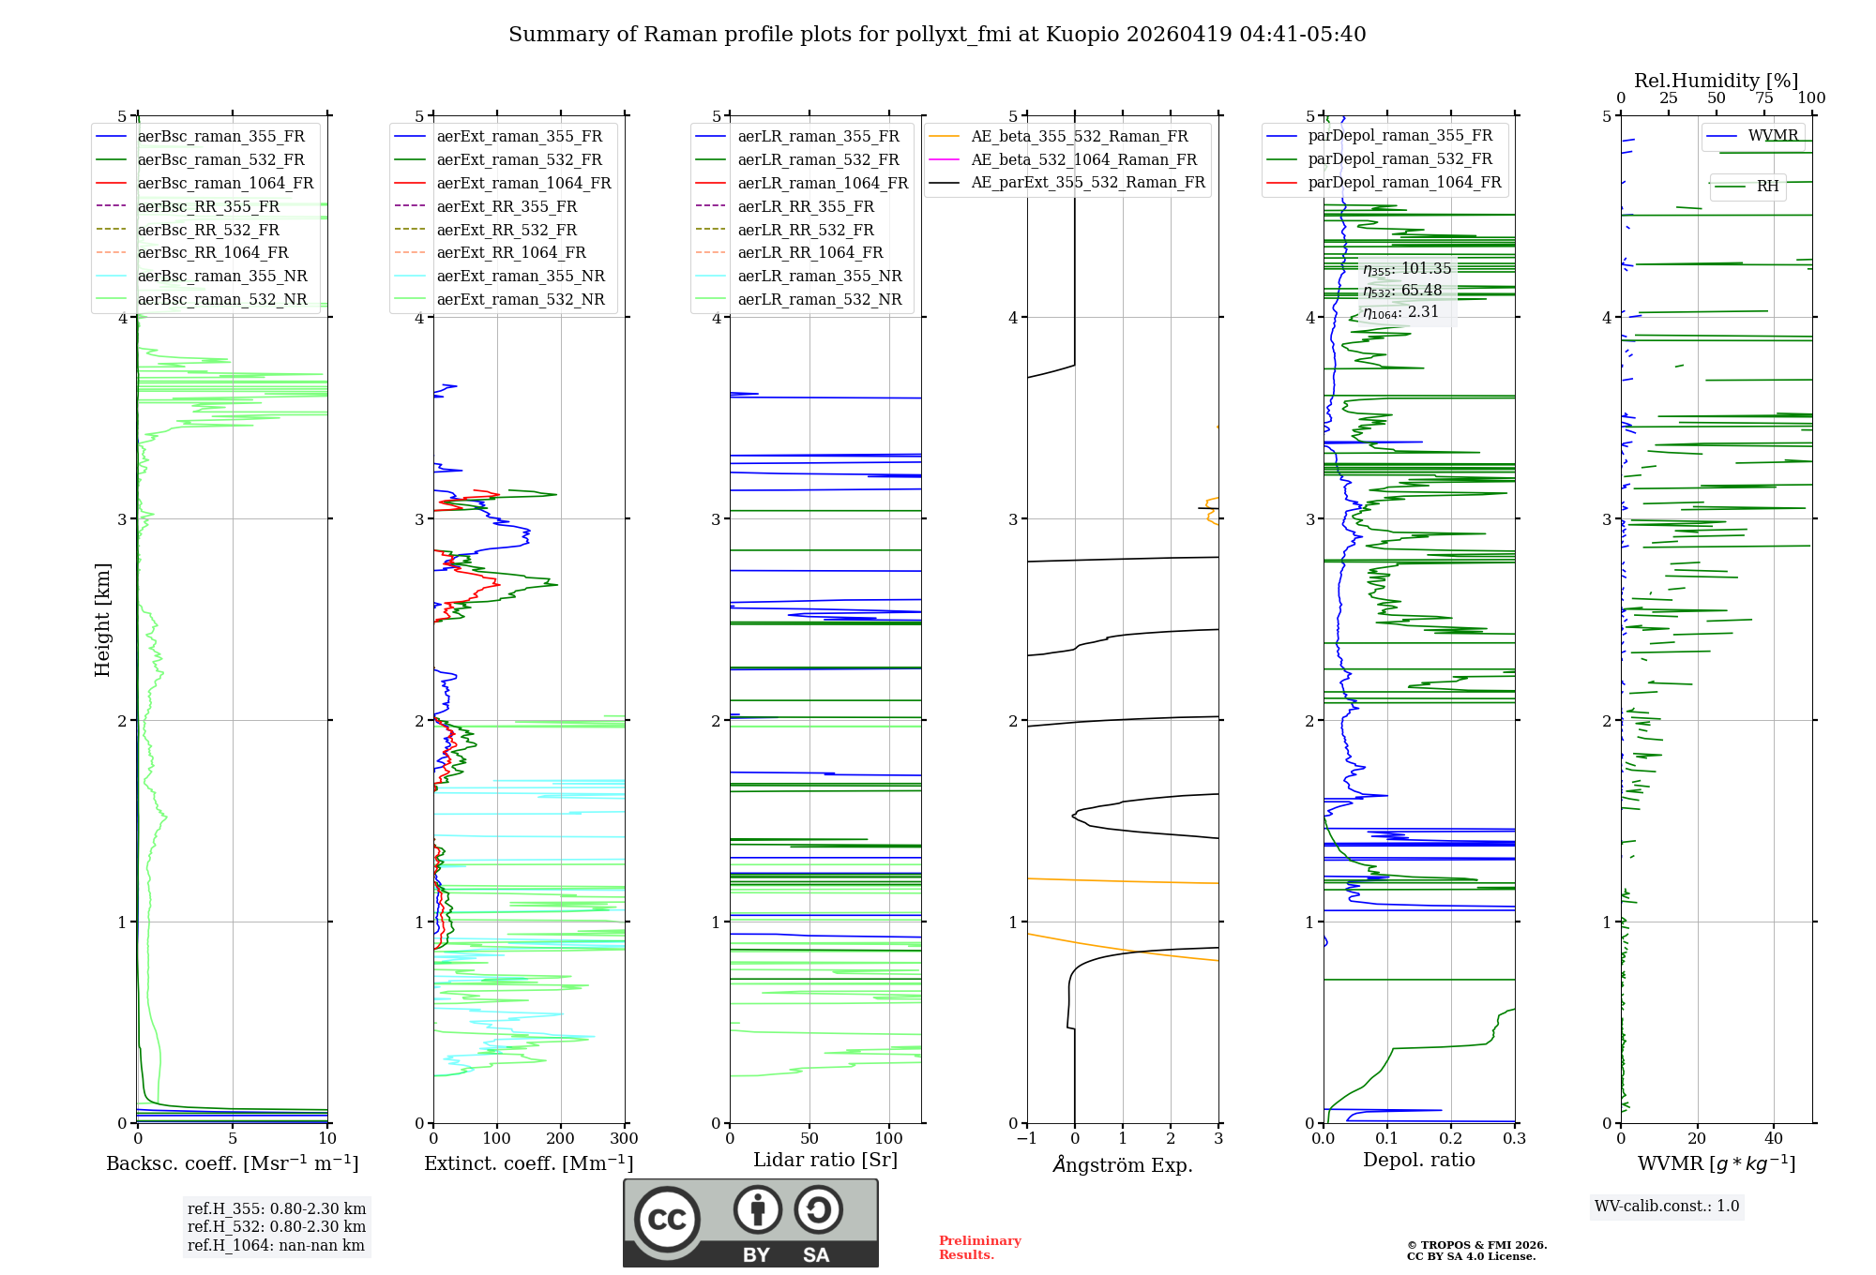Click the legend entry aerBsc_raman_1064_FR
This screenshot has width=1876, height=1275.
click(x=225, y=184)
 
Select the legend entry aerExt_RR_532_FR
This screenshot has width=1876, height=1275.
click(x=507, y=230)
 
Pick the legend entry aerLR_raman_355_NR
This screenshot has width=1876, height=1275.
click(x=819, y=277)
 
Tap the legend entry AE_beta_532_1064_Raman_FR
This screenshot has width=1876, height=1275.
click(x=1083, y=160)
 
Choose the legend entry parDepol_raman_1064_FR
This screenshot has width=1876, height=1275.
click(x=1404, y=183)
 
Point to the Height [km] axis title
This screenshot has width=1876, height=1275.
click(x=102, y=620)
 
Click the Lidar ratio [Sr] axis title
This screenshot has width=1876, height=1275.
click(x=825, y=1160)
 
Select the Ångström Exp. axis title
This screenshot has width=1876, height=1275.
click(x=1122, y=1165)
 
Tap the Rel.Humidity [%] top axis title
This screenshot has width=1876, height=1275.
click(x=1716, y=81)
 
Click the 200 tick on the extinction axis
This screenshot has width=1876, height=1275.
click(x=561, y=1139)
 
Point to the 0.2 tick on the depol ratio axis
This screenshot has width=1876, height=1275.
click(x=1450, y=1139)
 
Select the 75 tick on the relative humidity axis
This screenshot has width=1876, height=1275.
click(x=1764, y=98)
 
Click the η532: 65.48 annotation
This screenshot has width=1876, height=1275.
click(x=1402, y=291)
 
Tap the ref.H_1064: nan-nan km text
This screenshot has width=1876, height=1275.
click(x=276, y=1245)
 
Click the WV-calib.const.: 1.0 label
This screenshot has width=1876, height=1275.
click(x=1667, y=1207)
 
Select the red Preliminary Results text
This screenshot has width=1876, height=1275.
click(x=979, y=1248)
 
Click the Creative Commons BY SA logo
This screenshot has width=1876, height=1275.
click(x=750, y=1222)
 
